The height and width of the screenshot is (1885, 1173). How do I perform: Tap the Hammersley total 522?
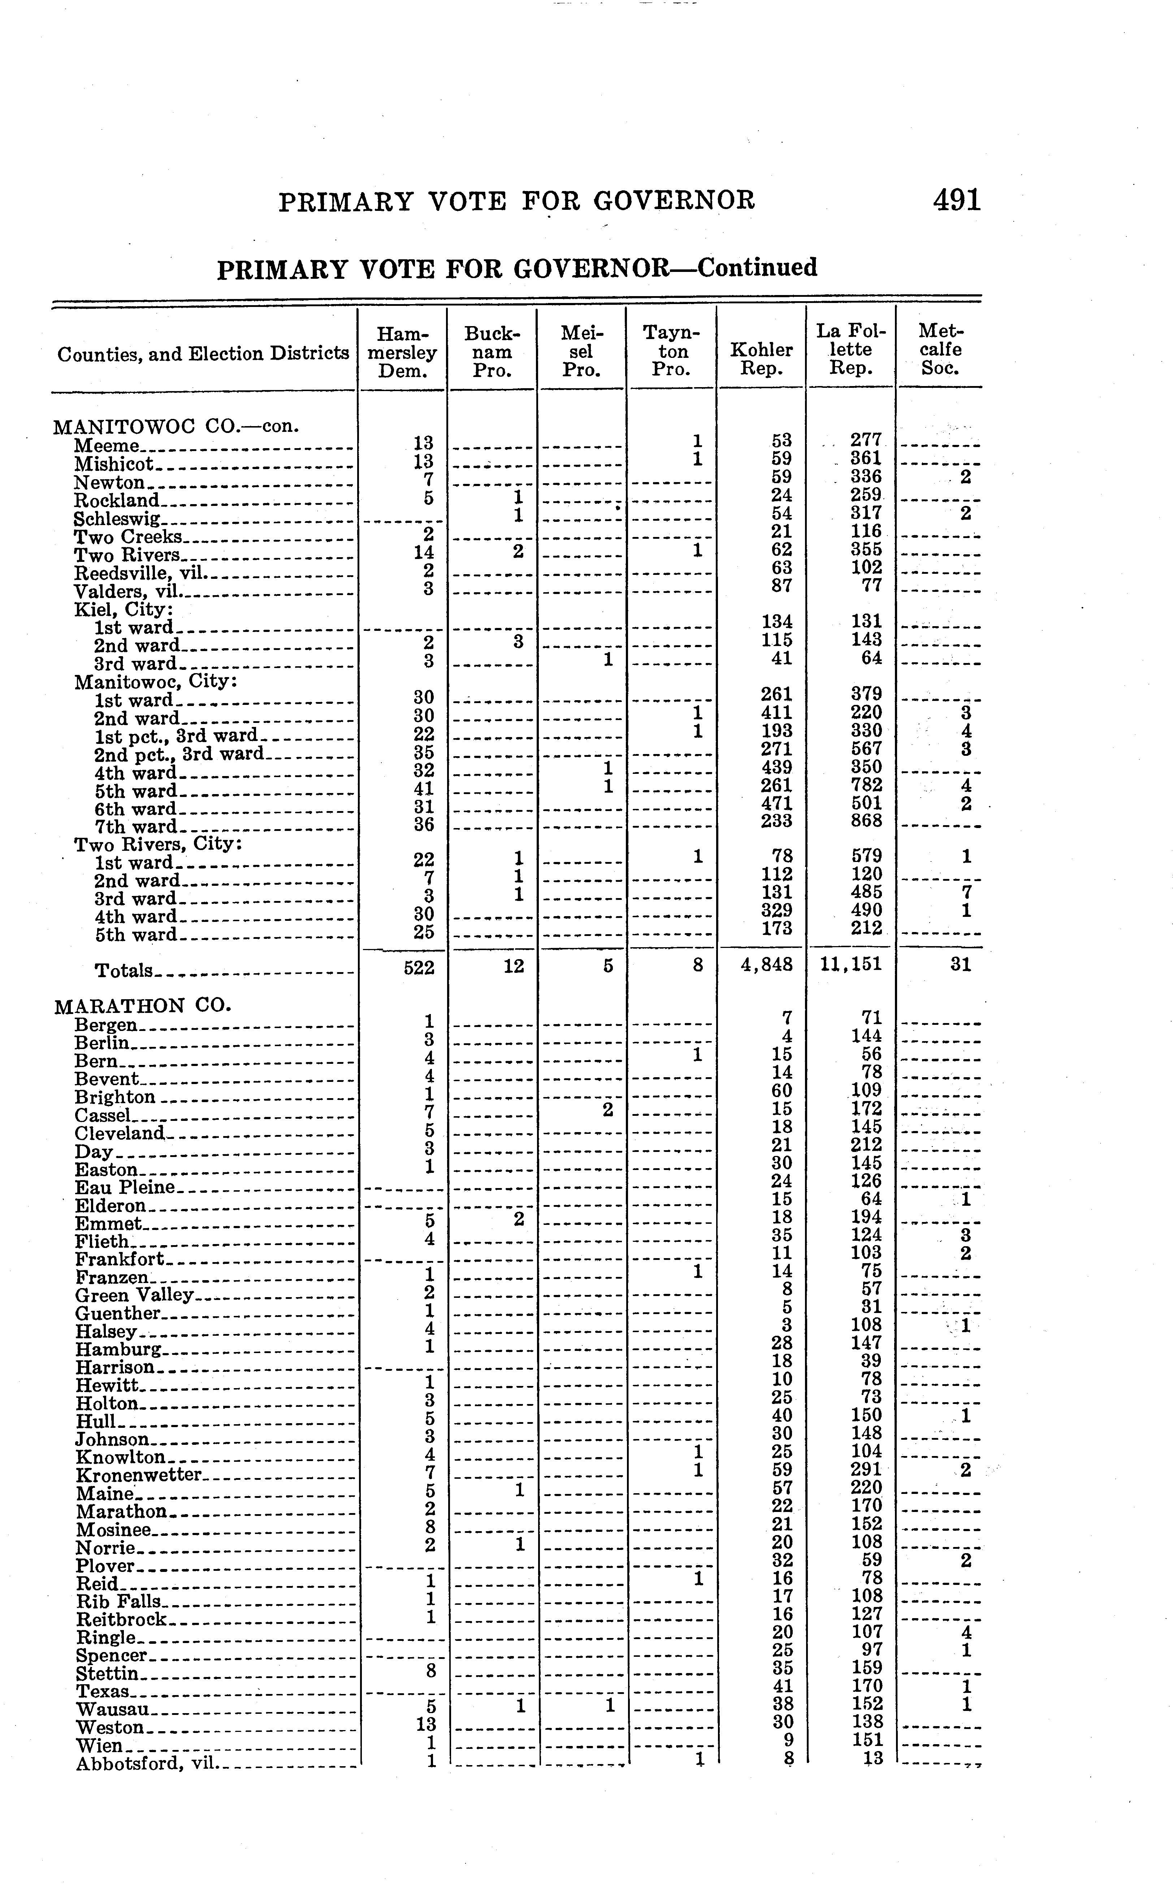pyautogui.click(x=419, y=967)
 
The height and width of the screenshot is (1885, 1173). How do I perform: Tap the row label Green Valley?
pyautogui.click(x=134, y=1295)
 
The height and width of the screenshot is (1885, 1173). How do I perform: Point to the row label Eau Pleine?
pyautogui.click(x=125, y=1187)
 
